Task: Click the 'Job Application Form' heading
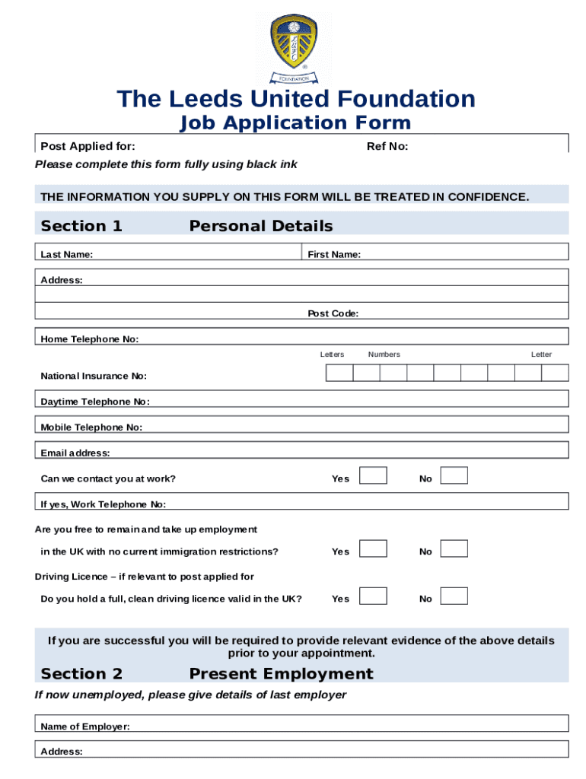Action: click(295, 123)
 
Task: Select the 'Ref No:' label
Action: click(387, 146)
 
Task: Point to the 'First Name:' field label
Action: click(334, 255)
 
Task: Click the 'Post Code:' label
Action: click(333, 313)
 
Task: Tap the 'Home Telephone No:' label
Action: click(90, 339)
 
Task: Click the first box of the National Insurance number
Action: click(339, 372)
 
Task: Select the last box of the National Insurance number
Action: click(555, 372)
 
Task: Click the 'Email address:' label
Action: click(75, 453)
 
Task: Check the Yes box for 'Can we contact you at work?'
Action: click(373, 476)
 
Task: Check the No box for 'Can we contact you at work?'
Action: click(454, 476)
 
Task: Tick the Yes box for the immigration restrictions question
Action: click(373, 548)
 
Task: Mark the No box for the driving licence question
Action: click(454, 596)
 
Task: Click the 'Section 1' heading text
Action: click(81, 226)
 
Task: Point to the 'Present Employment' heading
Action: click(281, 674)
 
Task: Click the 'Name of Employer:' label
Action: click(85, 727)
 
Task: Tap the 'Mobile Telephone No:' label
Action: click(91, 428)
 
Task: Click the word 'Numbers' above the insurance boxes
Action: click(384, 355)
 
